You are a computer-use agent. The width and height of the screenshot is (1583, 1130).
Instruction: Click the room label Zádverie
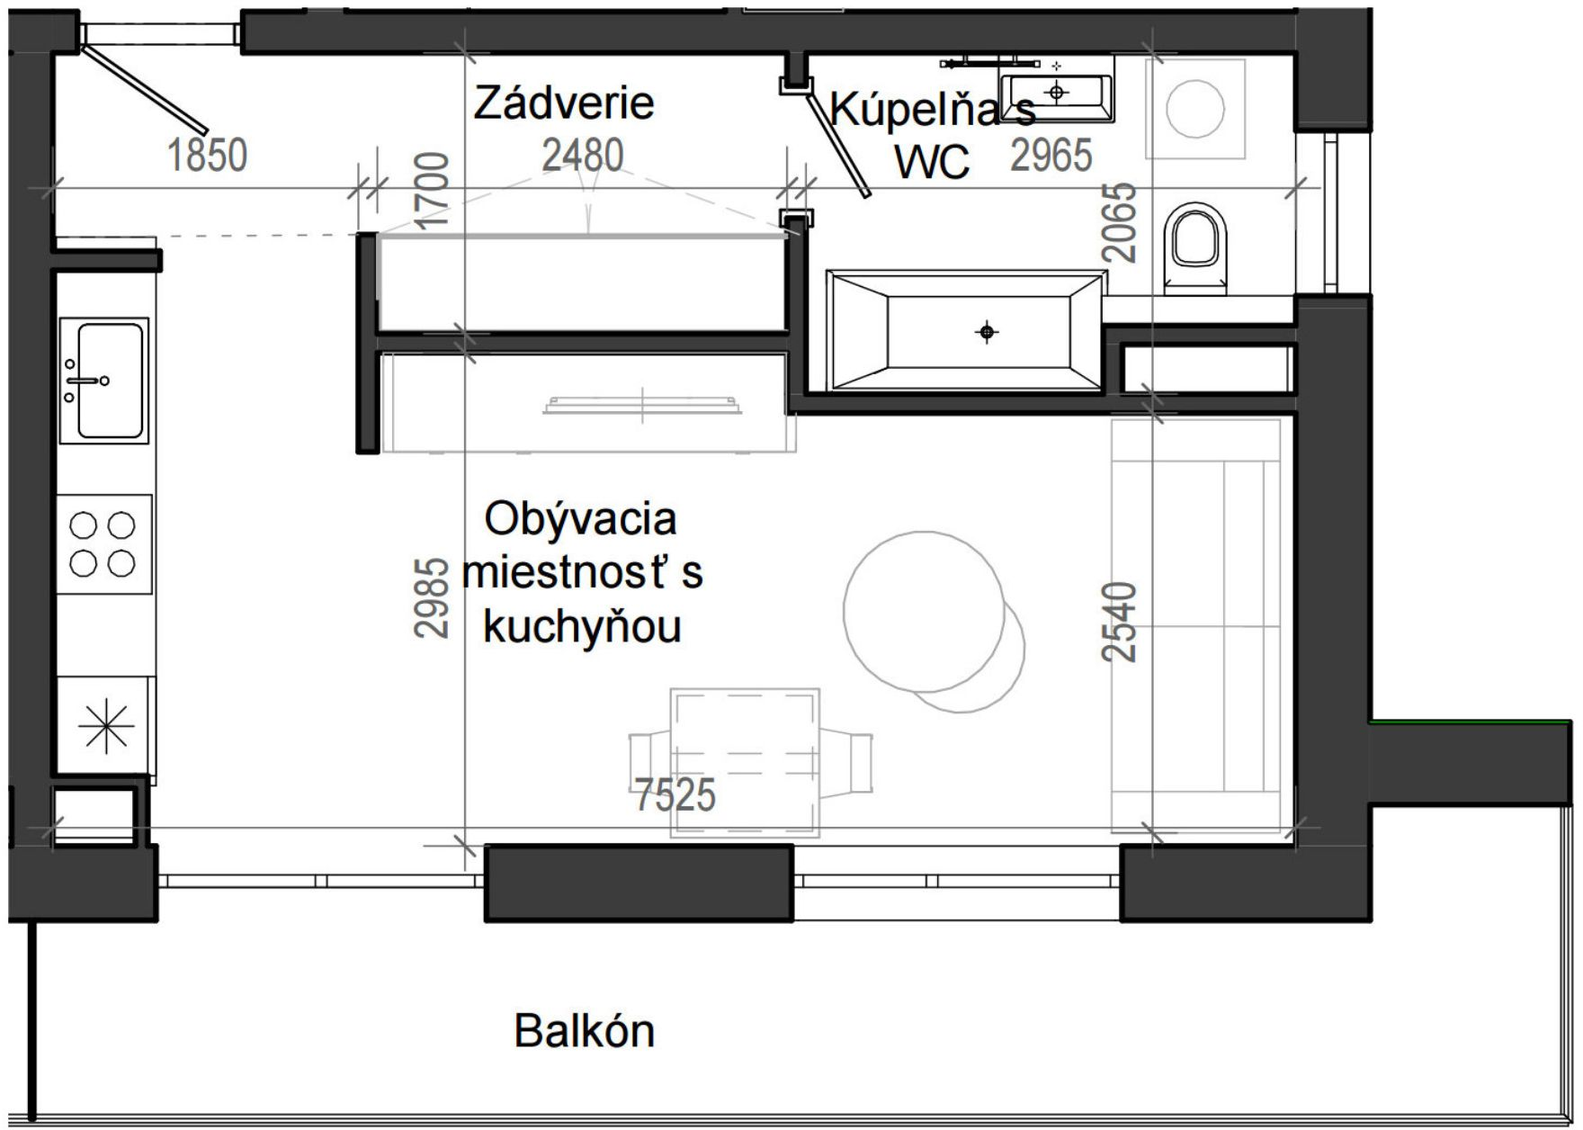(564, 102)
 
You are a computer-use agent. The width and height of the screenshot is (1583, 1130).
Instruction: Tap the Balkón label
(585, 1030)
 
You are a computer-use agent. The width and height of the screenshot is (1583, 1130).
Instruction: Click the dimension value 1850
(208, 155)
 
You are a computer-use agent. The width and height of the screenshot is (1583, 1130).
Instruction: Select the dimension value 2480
(583, 155)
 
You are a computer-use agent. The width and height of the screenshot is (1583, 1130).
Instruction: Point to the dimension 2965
(1051, 156)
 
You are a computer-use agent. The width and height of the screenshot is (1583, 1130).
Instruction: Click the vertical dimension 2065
(1120, 222)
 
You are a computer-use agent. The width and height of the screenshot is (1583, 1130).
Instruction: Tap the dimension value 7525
(675, 795)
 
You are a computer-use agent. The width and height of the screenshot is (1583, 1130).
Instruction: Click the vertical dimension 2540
(1120, 622)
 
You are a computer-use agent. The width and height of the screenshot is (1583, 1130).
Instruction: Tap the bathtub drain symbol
(987, 333)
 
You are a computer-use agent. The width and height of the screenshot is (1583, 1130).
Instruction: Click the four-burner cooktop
(103, 543)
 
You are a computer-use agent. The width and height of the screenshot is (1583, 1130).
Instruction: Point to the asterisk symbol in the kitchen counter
(106, 726)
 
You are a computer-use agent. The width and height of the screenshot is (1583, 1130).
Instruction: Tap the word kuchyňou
(582, 626)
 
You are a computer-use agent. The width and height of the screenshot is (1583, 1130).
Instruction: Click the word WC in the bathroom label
(933, 162)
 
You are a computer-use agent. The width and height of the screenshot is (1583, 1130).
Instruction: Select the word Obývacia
(580, 519)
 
